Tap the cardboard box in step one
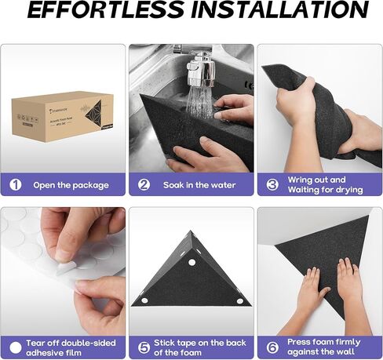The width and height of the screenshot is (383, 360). coord(62,118)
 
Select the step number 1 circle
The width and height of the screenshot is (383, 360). coord(15,185)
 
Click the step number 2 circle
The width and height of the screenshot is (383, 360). coord(144,185)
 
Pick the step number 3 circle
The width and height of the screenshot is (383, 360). coord(272,185)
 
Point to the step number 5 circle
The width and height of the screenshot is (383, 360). coord(144,346)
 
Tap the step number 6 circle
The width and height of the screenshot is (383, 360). coord(272,346)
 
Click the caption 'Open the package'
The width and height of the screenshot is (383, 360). coord(70,185)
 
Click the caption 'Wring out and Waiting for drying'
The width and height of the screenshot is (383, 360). coord(325,185)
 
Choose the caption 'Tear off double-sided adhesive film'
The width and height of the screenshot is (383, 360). coord(71,346)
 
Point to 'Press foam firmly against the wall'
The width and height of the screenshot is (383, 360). coord(323,346)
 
